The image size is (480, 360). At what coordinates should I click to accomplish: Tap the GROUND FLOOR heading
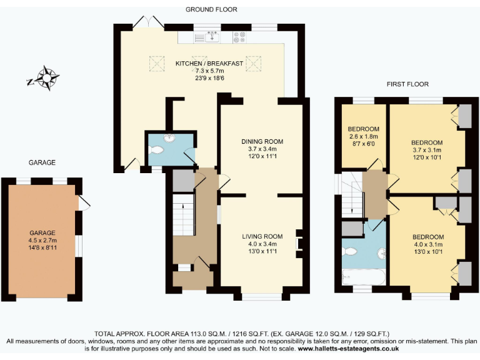[x=211, y=9]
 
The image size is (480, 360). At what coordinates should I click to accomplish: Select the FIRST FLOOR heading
[x=407, y=84]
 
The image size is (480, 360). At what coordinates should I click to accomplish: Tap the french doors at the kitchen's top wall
[x=148, y=22]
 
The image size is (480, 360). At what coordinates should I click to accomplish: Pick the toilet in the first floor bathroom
[x=349, y=252]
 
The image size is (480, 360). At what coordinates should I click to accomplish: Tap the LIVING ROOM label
[x=262, y=236]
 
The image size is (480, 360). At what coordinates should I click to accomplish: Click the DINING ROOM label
[x=262, y=141]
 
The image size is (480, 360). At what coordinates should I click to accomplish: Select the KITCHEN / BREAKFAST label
[x=209, y=64]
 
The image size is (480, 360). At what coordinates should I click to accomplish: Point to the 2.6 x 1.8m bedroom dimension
[x=363, y=136]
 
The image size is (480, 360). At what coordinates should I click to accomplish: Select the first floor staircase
[x=351, y=194]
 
